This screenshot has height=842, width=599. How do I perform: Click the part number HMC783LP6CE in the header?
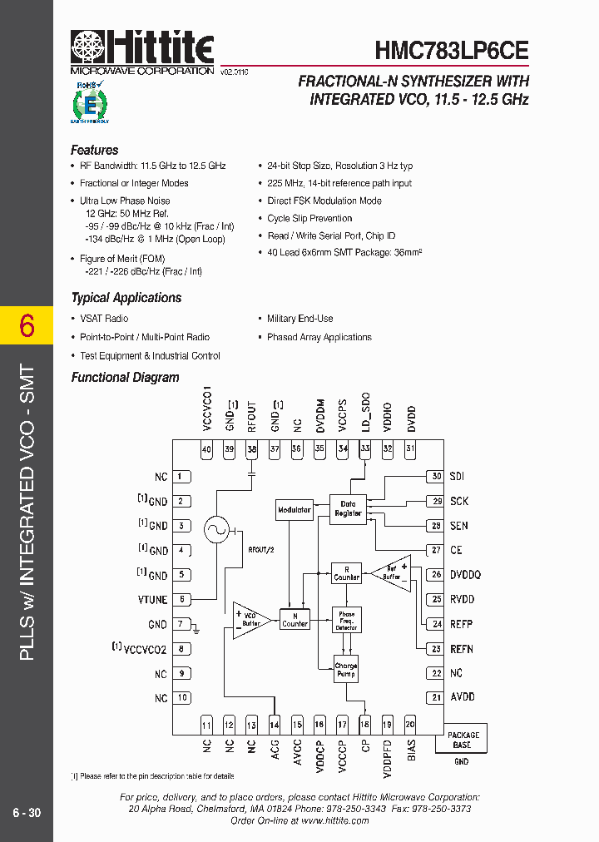452,50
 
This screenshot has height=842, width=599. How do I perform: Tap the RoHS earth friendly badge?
89,102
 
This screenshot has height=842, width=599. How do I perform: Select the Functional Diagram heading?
125,377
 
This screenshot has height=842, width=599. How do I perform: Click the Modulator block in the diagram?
294,509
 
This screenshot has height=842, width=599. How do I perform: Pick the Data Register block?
348,508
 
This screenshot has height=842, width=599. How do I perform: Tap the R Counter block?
346,572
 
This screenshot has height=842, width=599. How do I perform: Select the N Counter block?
295,620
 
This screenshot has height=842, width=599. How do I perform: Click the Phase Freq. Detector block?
346,620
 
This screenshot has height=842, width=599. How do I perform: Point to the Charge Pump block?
346,669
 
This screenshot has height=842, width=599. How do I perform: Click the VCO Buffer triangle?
250,621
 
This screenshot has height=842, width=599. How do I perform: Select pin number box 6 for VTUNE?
181,599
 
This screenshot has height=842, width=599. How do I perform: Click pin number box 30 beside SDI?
435,477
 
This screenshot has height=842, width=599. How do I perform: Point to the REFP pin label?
463,623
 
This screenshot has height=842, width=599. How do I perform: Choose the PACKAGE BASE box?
463,740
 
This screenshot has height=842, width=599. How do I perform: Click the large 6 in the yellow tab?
27,326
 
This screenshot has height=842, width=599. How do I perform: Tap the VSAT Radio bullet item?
104,319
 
